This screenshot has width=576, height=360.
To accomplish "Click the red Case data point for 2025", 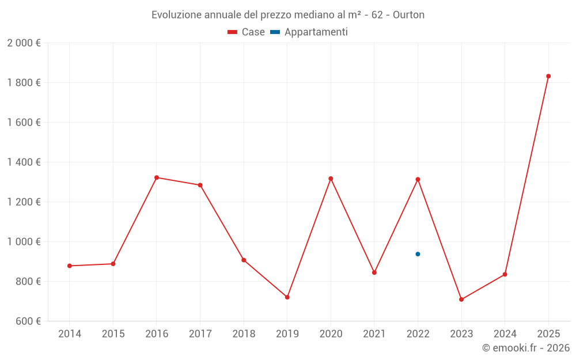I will (548, 76).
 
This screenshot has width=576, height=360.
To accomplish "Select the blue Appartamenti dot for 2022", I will (418, 254).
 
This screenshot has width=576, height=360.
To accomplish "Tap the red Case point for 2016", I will (157, 177).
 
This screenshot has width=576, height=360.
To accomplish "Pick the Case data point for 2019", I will (287, 297).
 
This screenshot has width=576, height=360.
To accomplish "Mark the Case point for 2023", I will (461, 300).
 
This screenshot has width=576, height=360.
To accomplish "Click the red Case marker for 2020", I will (331, 179).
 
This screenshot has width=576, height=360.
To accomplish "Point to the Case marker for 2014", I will (70, 266).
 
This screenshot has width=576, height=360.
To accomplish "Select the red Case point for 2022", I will (418, 179).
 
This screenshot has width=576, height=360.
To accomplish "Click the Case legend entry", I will (247, 32).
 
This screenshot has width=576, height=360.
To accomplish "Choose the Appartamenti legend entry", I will (309, 32).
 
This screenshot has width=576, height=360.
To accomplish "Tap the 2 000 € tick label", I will (24, 43).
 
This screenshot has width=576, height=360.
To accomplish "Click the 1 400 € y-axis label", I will (24, 162).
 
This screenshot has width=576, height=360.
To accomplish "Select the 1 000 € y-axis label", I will (24, 242).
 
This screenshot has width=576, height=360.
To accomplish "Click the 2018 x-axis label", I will (244, 334).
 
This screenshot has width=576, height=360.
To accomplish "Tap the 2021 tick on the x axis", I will (374, 334).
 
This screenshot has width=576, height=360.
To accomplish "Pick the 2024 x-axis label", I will (505, 334).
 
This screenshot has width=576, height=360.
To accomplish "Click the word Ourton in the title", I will (408, 15).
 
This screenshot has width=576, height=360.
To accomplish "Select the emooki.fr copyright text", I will (526, 348).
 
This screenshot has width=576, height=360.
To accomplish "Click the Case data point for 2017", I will (200, 185).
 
